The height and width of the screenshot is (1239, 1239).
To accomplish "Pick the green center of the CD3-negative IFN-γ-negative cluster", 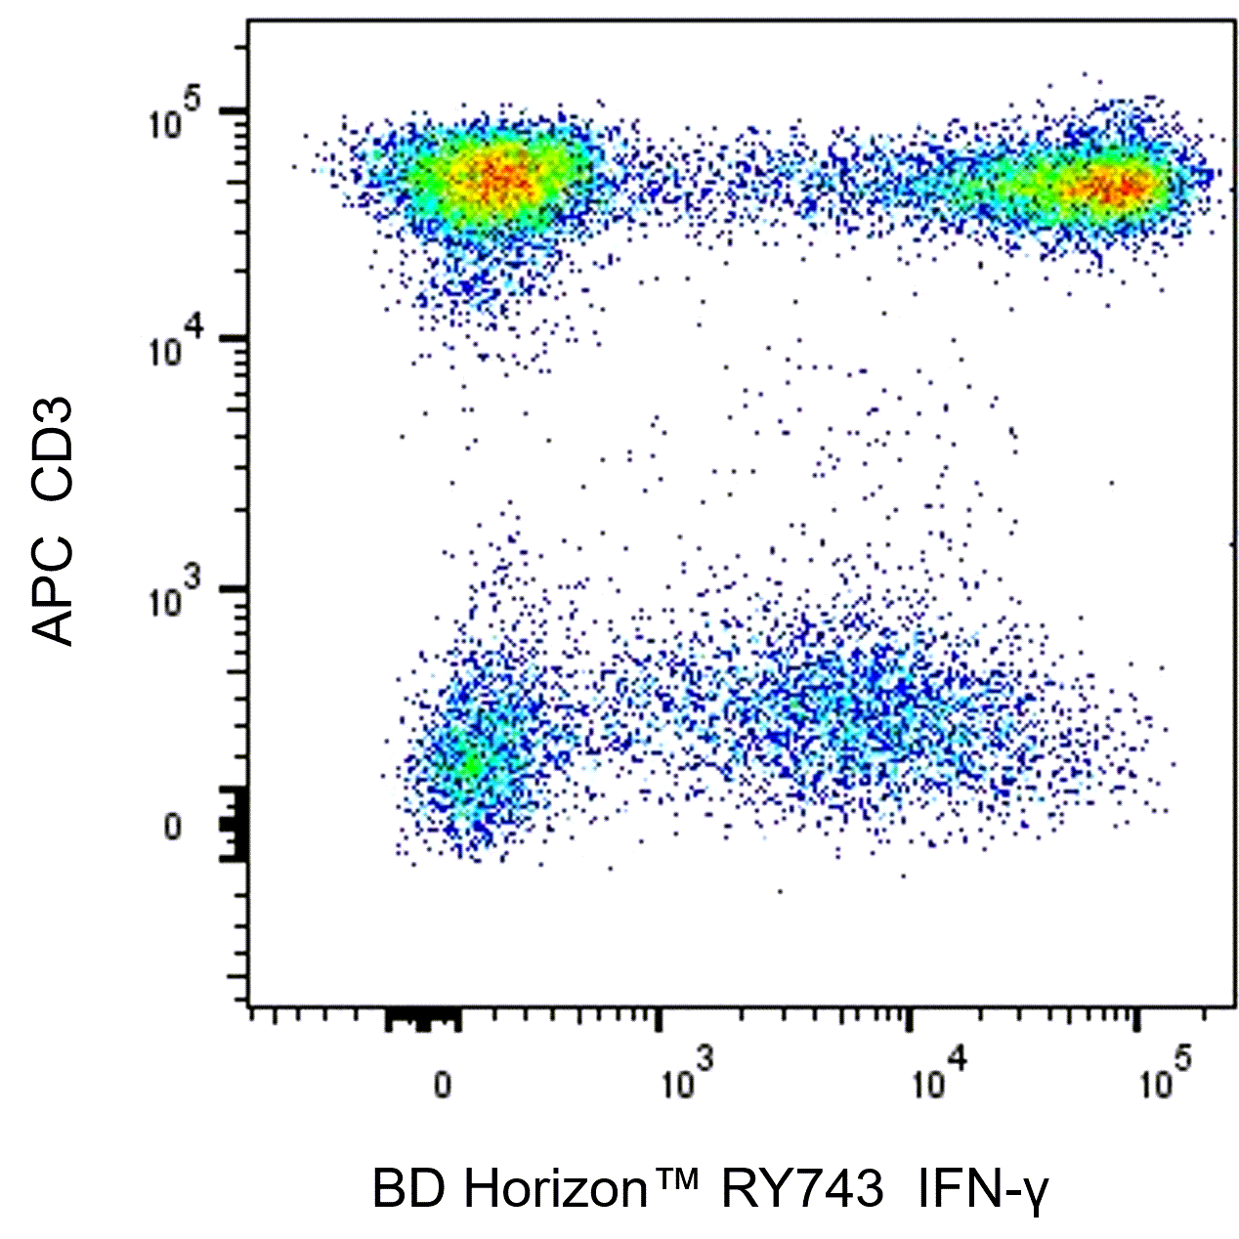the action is [x=473, y=765].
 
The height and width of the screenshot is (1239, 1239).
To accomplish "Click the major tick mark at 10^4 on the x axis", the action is [x=908, y=1018].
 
